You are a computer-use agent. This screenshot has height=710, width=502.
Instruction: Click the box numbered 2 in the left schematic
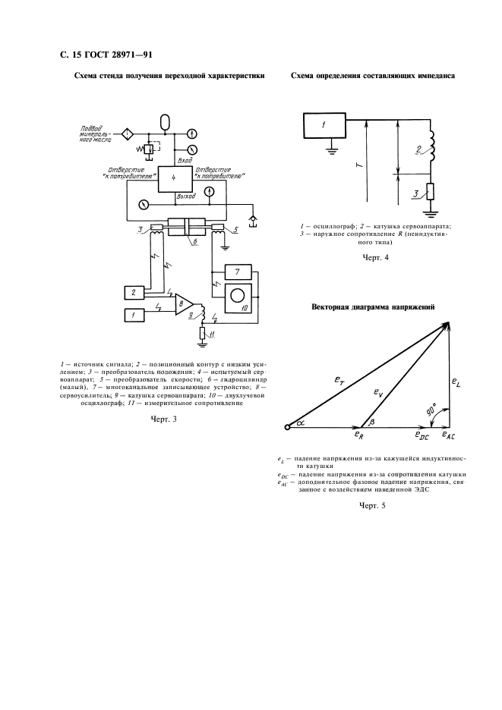tap(134, 291)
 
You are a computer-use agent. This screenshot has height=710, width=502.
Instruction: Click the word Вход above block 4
tap(184, 161)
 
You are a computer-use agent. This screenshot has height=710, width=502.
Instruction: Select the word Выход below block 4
tap(185, 196)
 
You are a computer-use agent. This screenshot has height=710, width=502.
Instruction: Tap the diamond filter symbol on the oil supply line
tap(128, 134)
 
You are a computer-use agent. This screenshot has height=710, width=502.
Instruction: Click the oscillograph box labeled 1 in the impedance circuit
tap(324, 126)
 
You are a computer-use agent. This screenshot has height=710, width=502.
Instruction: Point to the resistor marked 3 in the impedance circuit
tap(431, 192)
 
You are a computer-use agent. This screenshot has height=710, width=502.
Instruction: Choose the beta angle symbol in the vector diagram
tap(371, 422)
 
